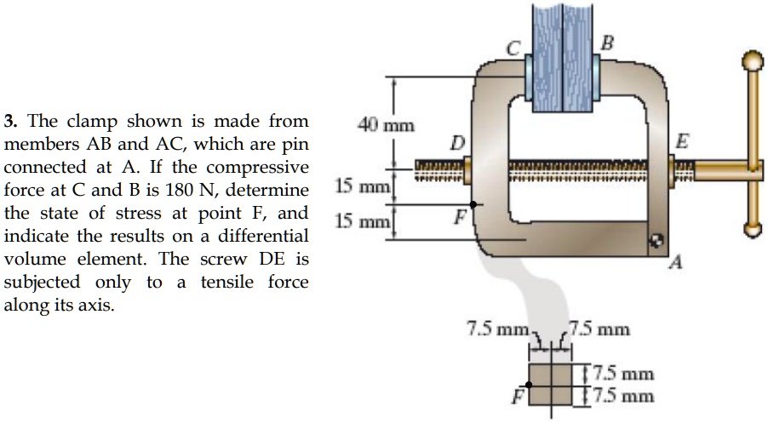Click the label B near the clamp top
point(606,41)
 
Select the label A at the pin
point(676,264)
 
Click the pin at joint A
point(656,242)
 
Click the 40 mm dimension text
point(386,127)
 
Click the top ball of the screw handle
point(750,60)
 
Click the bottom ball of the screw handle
point(750,229)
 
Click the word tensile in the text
point(230,281)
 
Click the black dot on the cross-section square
point(529,385)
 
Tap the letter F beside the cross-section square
point(516,397)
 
